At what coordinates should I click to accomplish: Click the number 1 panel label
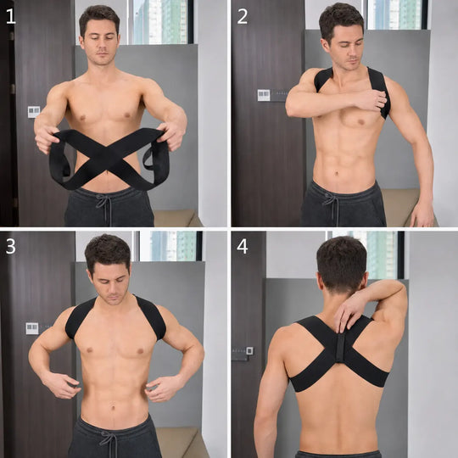point(11,16)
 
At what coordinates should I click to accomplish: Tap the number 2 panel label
point(243,16)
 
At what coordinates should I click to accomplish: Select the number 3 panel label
point(11,247)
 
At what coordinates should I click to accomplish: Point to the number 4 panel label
point(243,247)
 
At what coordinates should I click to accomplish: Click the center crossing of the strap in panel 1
point(109,157)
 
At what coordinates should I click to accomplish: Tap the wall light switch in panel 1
point(34,112)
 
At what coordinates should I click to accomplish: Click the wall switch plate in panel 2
point(264,95)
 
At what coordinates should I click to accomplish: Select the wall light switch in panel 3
point(32,328)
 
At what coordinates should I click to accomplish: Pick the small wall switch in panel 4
point(249,350)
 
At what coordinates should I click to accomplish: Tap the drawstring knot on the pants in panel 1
point(104,202)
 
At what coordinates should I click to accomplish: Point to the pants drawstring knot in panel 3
point(109,438)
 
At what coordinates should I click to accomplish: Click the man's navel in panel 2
point(337,174)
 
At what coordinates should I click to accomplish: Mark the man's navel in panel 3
point(114,406)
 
